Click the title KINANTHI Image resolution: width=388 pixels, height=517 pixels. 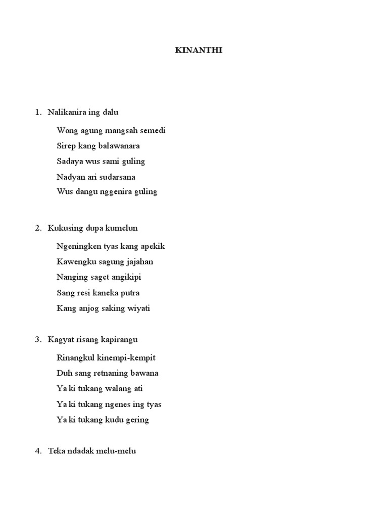[198, 50]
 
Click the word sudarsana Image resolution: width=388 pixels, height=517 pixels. [117, 177]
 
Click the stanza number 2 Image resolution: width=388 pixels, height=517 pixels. [38, 228]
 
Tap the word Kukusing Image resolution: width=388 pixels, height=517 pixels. [63, 228]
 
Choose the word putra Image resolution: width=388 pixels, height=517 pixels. [130, 293]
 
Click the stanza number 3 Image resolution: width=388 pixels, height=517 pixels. [38, 340]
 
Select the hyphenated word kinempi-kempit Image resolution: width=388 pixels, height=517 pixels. [126, 358]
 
